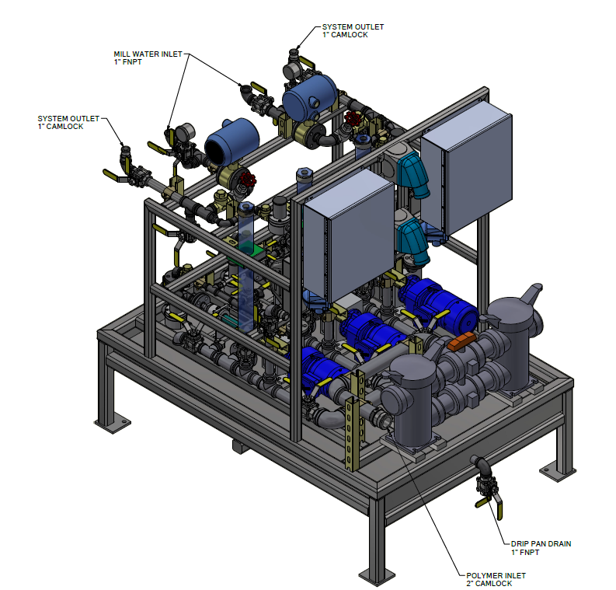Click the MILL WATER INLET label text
[148, 54]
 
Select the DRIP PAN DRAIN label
[541, 543]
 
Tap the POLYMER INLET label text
[496, 575]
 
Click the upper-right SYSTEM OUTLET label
[353, 26]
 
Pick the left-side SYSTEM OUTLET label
[68, 118]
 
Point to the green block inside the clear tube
[246, 249]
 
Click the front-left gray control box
[349, 236]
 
